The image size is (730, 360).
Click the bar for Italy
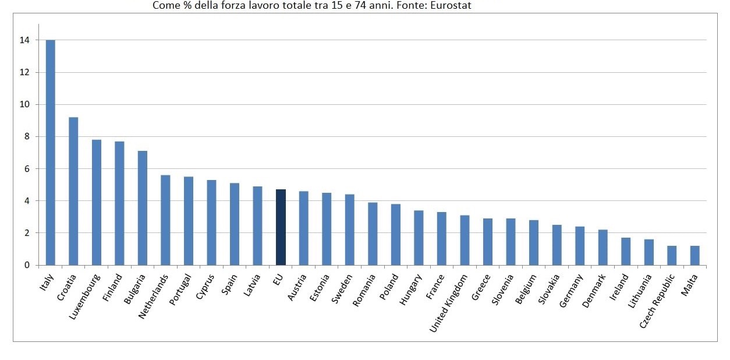click(51, 153)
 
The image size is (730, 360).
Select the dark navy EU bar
click(281, 227)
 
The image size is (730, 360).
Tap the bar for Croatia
click(73, 191)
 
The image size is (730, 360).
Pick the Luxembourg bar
click(97, 202)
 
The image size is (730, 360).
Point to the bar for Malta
click(695, 256)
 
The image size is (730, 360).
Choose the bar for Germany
click(580, 246)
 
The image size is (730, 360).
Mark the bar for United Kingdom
click(465, 240)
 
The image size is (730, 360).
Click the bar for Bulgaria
click(143, 208)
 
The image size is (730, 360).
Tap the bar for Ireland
click(626, 252)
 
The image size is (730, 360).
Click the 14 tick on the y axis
click(24, 41)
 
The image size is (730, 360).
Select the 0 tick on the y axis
click(26, 266)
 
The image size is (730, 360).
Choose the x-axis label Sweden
click(342, 288)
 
